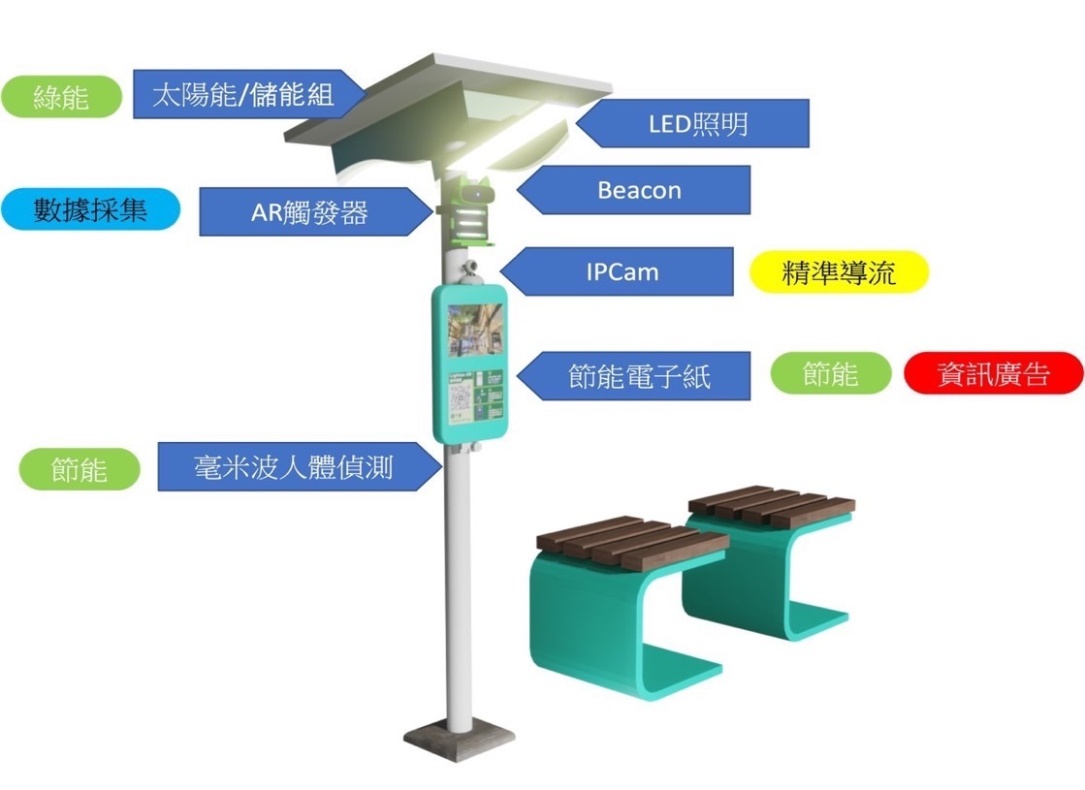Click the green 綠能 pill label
coord(61,97)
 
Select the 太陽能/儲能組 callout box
coord(247,94)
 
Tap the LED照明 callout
coord(698,123)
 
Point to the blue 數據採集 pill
coord(90,209)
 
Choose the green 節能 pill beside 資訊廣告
coord(831,373)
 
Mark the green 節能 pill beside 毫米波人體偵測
coord(80,469)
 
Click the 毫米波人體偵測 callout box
coord(291,467)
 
